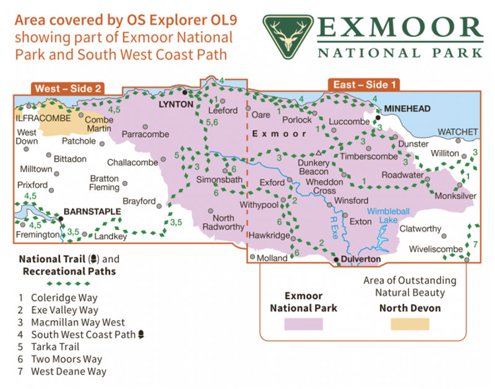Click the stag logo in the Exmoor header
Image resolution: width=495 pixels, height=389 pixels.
[x=286, y=36]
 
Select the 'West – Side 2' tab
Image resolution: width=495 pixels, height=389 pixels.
[x=68, y=88]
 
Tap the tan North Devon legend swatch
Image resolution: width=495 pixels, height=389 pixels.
[x=410, y=323]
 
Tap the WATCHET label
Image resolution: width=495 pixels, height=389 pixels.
[x=458, y=132]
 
